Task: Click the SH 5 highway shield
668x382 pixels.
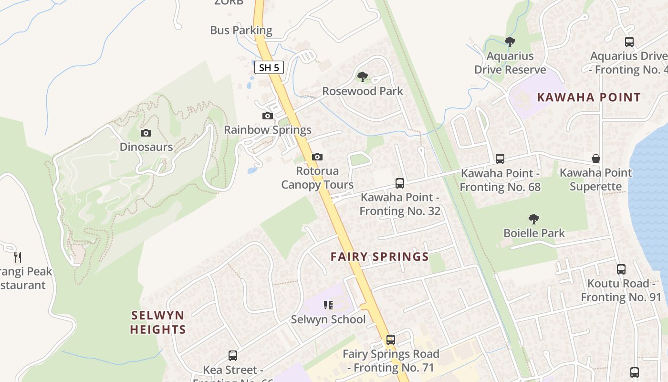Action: (269, 67)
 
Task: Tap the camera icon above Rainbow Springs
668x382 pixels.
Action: (268, 116)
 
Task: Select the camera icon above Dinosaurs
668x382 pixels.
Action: (146, 133)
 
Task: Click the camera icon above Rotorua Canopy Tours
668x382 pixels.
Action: (317, 157)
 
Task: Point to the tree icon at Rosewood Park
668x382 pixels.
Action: (363, 76)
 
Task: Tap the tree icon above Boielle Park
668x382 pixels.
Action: (534, 219)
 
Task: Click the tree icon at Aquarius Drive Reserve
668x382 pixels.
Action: (510, 42)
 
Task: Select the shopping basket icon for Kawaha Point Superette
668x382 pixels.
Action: (596, 159)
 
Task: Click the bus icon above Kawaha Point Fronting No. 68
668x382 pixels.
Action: (500, 159)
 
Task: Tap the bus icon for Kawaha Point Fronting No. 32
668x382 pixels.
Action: (400, 183)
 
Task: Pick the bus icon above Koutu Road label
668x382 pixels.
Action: (621, 269)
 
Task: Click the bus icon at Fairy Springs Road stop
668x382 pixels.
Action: (391, 340)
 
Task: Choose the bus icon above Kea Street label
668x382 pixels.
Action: (233, 355)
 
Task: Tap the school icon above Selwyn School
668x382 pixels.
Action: (328, 305)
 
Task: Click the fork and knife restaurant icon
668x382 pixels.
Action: (18, 257)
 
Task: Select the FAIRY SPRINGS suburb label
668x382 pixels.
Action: (380, 257)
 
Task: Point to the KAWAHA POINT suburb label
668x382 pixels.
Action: (589, 97)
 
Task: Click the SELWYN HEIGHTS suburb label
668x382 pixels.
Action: (158, 322)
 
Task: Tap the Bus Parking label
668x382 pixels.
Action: (241, 30)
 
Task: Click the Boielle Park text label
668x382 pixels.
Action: (534, 233)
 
